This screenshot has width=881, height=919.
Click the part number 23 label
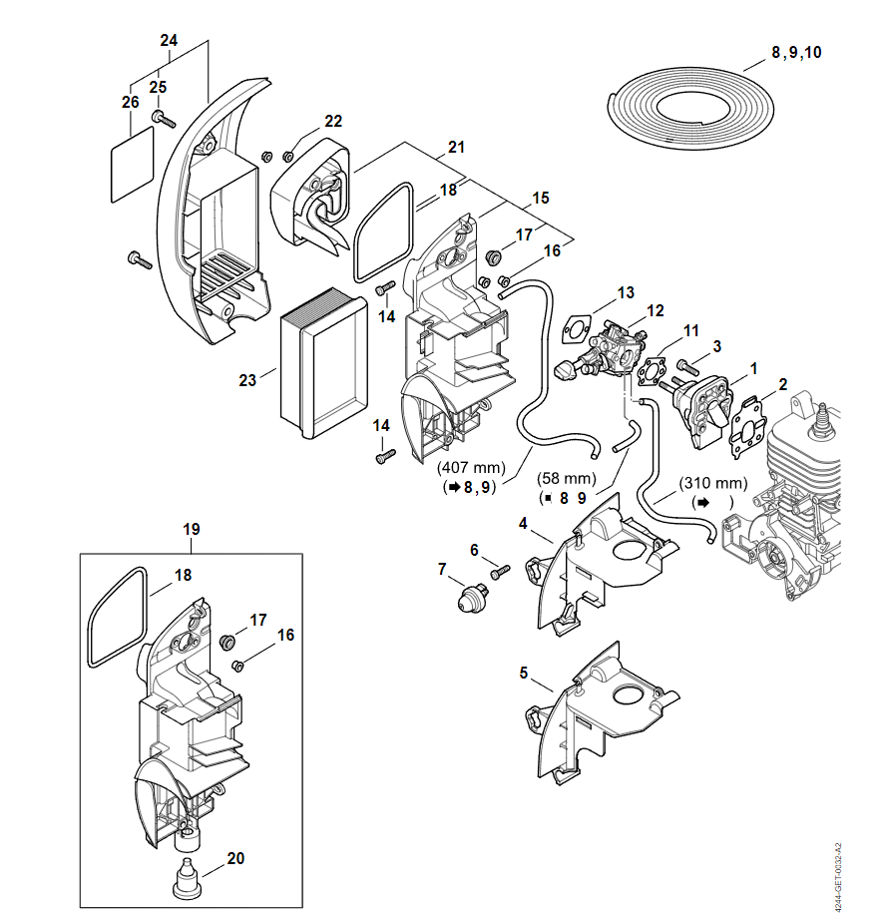[x=247, y=379]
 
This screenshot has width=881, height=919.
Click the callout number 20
[x=235, y=857]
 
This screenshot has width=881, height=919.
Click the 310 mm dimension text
[x=712, y=483]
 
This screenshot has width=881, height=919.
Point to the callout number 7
[x=442, y=570]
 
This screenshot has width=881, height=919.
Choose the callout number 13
[x=626, y=292]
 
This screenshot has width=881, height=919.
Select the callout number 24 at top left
[x=169, y=41]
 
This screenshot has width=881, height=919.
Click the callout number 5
[x=524, y=673]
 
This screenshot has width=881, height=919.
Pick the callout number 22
[x=332, y=122]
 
